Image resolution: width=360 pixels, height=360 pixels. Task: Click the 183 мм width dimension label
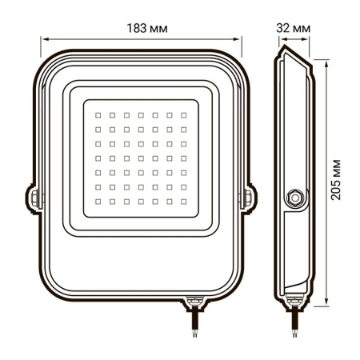(x=141, y=28)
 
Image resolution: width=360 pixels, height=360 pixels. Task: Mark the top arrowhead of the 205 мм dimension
(x=328, y=59)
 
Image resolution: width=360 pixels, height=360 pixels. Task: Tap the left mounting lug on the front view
(x=35, y=196)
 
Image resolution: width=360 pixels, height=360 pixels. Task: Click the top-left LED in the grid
(x=98, y=114)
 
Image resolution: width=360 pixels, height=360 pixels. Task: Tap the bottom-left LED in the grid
(x=98, y=199)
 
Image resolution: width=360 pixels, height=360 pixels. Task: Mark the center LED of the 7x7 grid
(x=141, y=157)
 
